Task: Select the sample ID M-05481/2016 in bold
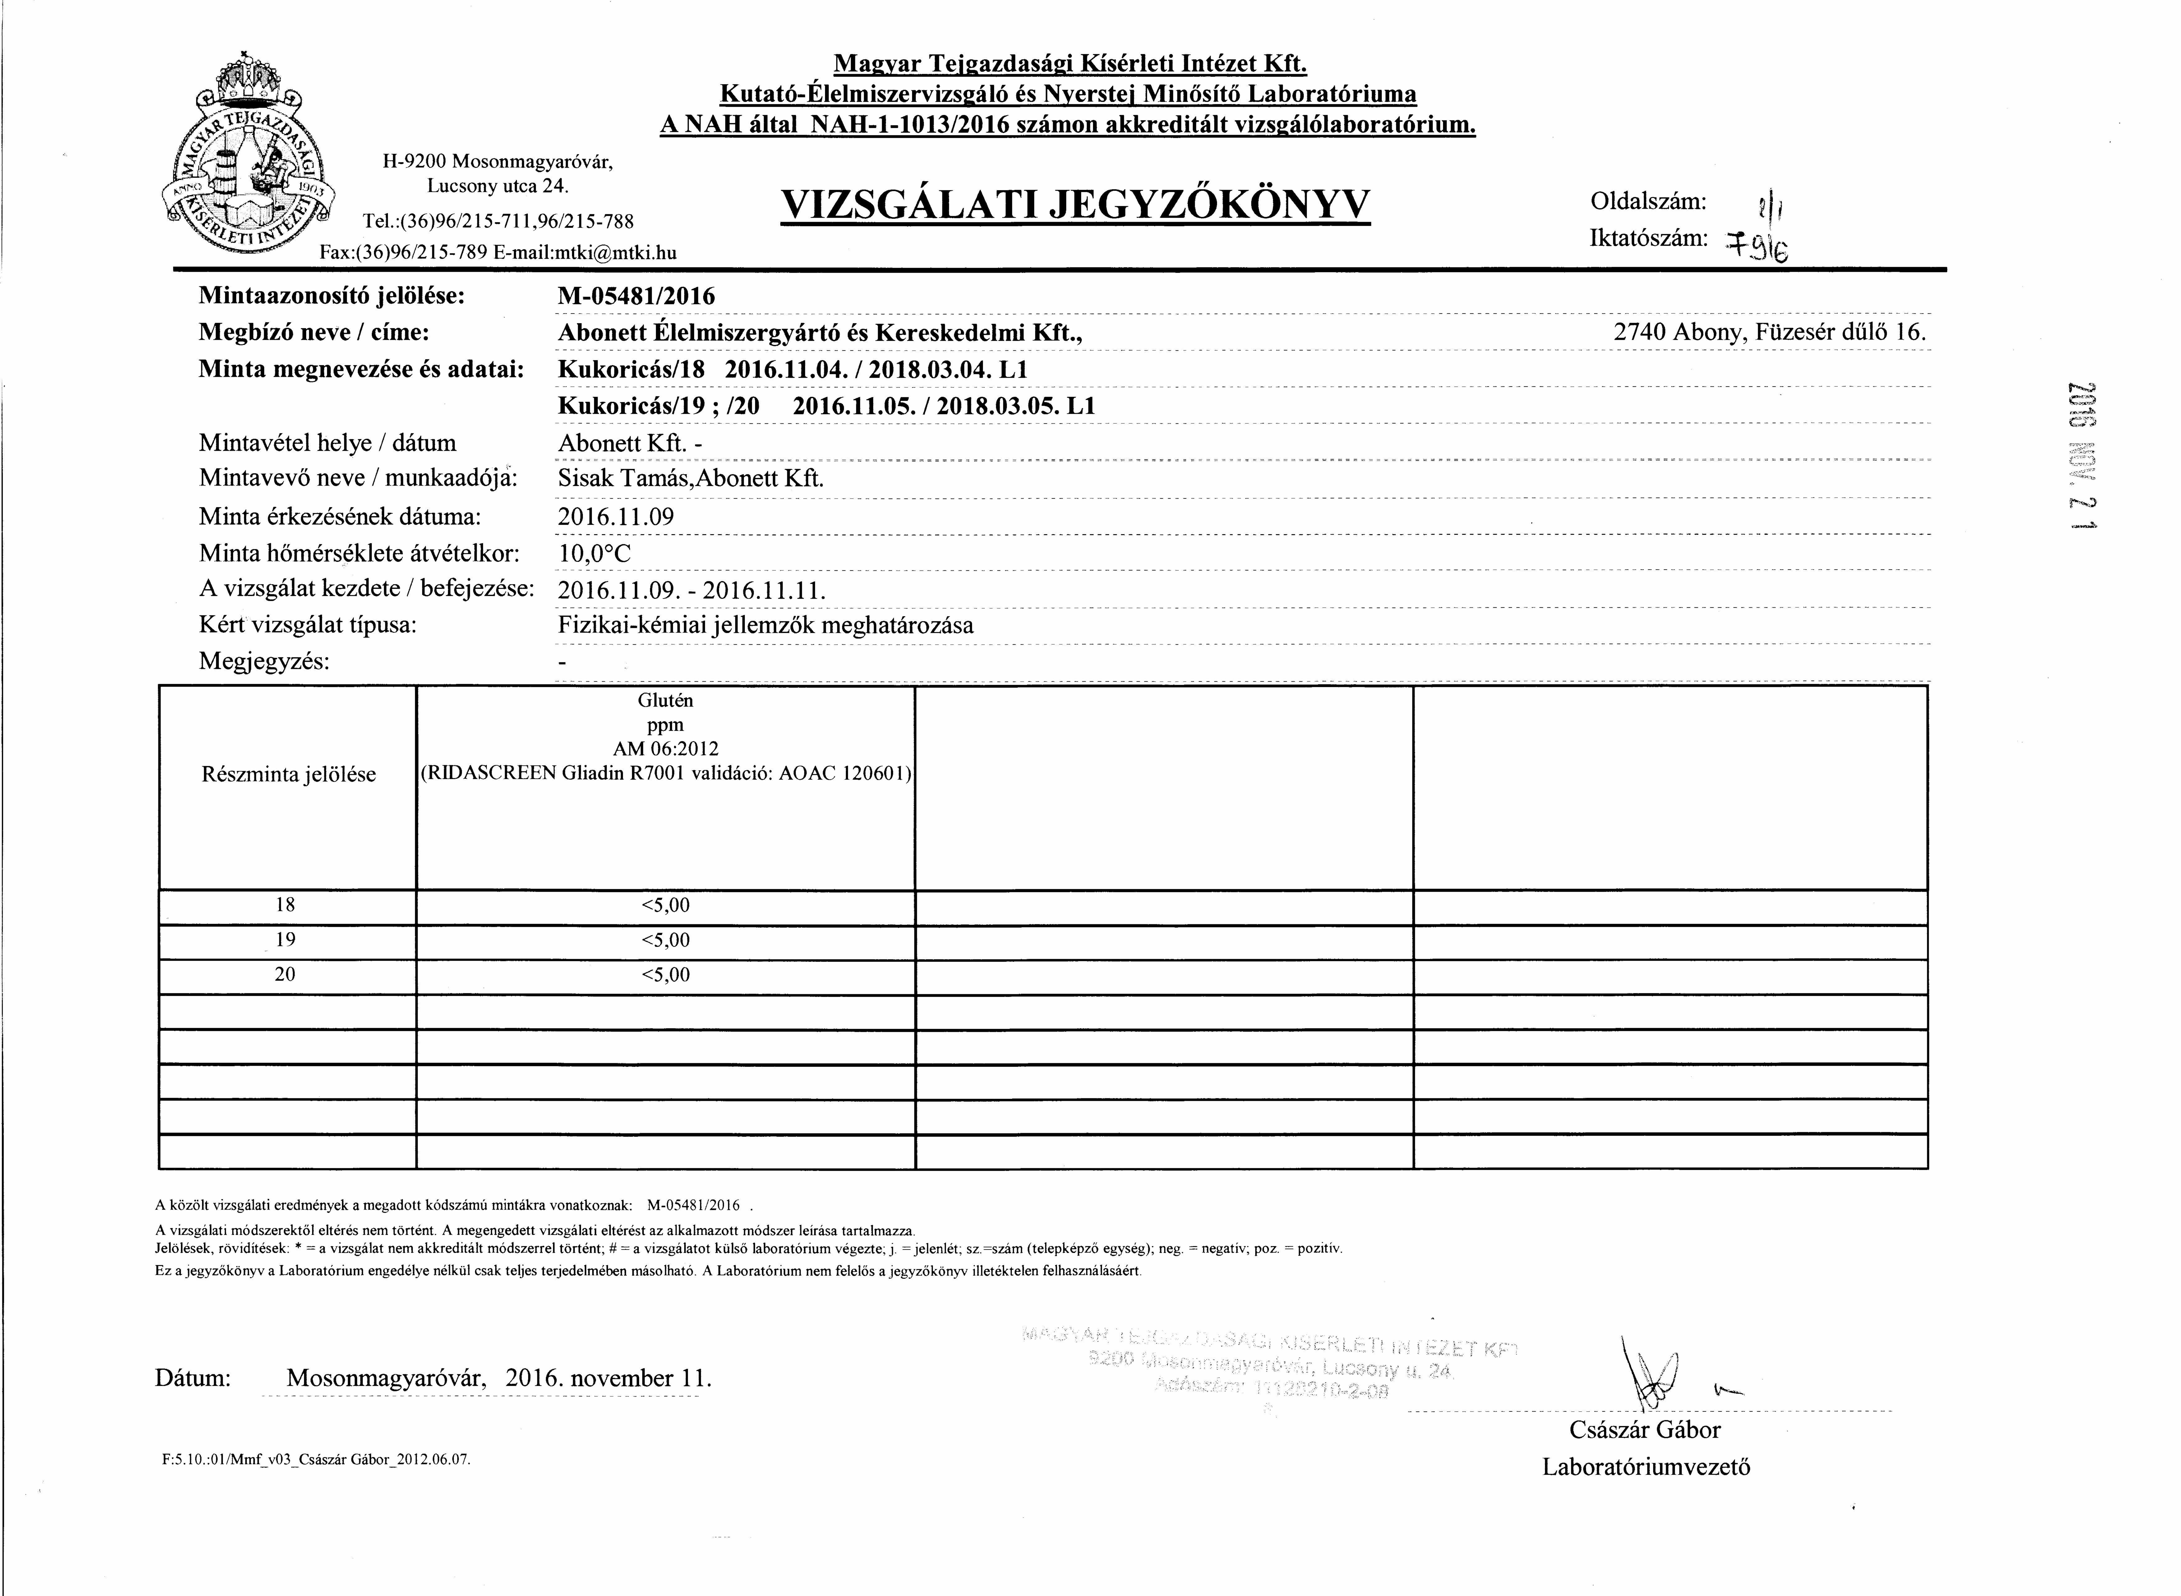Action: [637, 296]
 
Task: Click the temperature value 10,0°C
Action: [594, 553]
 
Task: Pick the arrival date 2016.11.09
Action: [616, 517]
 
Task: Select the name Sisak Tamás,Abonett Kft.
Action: [691, 479]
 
